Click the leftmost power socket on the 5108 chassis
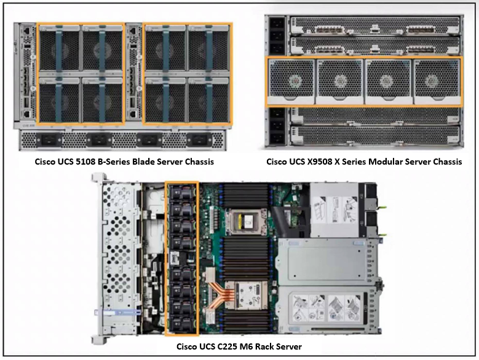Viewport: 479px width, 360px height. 49,140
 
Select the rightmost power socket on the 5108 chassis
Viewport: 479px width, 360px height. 199,140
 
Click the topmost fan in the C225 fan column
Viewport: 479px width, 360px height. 182,192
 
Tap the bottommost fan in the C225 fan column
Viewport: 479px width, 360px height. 182,324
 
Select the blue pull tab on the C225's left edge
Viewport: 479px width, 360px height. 117,313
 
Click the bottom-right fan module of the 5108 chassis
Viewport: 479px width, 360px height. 208,100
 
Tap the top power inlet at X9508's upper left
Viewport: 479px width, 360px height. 278,24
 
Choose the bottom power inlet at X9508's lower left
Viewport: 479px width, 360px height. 278,138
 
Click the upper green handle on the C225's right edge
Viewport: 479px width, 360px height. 382,208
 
